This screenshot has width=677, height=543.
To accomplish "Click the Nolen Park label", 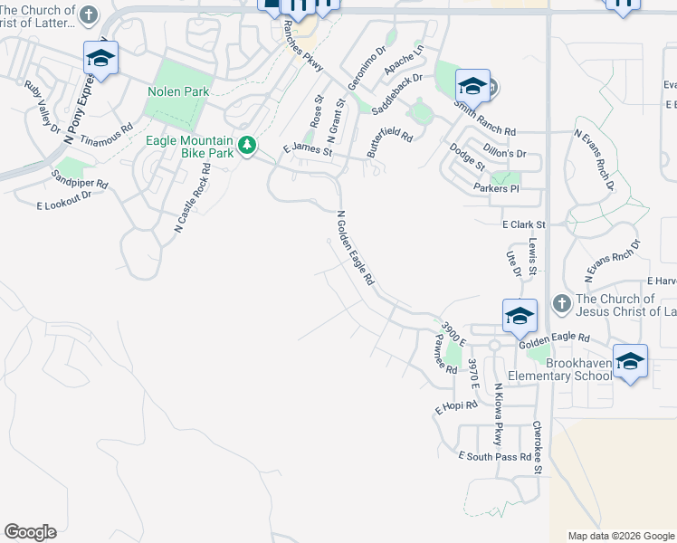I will pyautogui.click(x=178, y=91).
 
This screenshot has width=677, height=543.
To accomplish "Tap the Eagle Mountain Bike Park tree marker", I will pyautogui.click(x=245, y=145).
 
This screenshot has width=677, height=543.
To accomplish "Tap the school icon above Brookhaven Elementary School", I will pyautogui.click(x=630, y=362).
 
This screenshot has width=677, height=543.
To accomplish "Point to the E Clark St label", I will pyautogui.click(x=524, y=224).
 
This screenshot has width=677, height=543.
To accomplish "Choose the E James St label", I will pyautogui.click(x=308, y=150).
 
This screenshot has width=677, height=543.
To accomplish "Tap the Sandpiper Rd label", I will pyautogui.click(x=80, y=178).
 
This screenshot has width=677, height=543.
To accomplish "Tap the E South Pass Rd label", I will pyautogui.click(x=494, y=456).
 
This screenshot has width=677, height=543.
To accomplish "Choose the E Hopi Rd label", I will pyautogui.click(x=455, y=407).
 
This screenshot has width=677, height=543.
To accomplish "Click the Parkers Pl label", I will pyautogui.click(x=496, y=188).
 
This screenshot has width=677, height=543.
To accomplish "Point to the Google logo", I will pyautogui.click(x=30, y=532).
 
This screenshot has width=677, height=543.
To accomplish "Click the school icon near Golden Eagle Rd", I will pyautogui.click(x=520, y=317).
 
